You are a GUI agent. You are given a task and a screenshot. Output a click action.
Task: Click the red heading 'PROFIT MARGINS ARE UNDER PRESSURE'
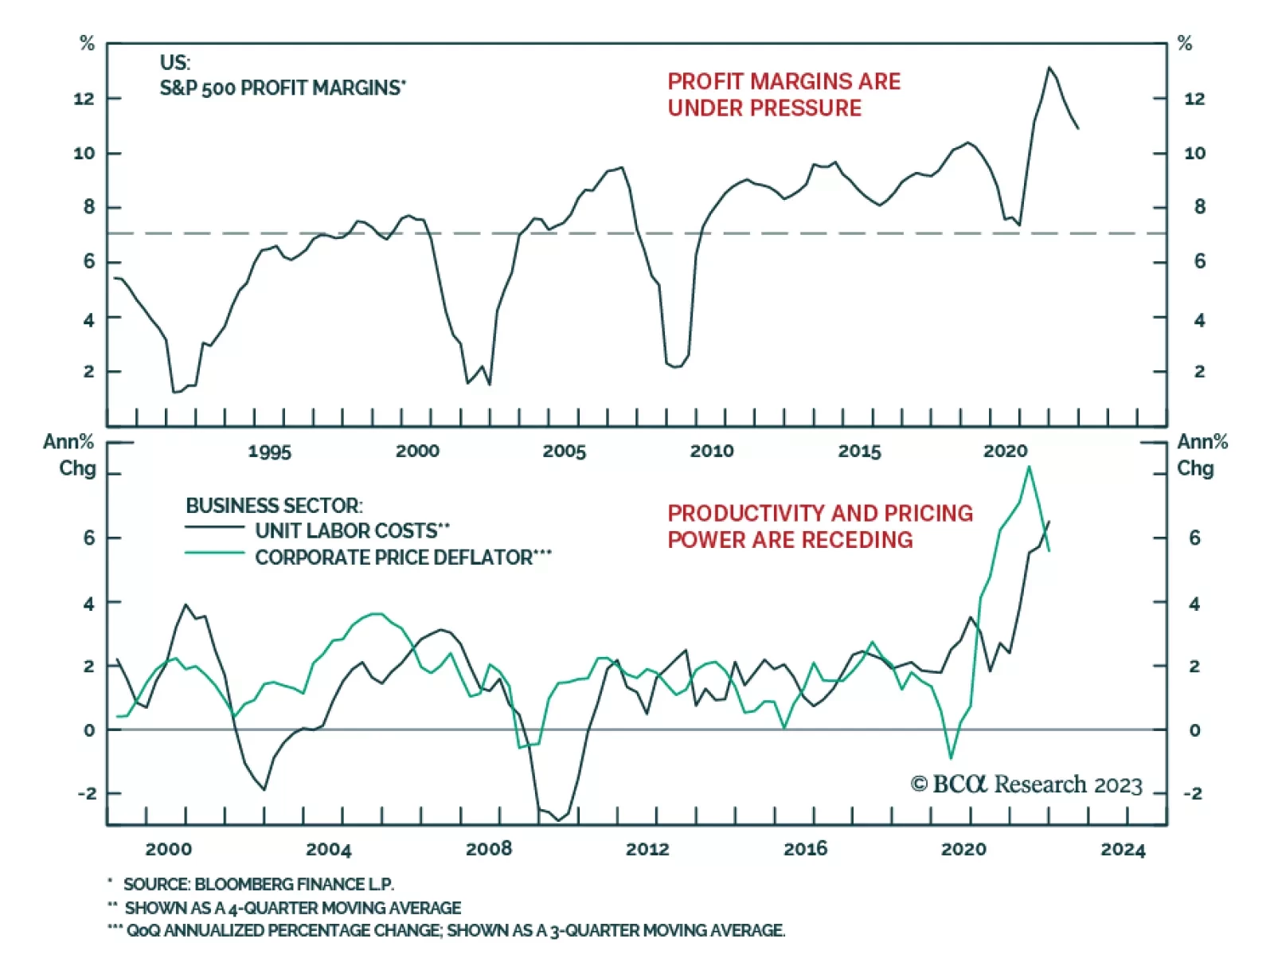coord(784,94)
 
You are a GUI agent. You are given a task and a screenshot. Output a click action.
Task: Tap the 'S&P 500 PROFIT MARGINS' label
coord(283,88)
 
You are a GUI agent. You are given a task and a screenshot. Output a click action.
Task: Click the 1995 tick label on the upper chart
coord(269,452)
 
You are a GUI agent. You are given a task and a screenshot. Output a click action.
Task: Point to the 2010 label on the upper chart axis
coord(711,451)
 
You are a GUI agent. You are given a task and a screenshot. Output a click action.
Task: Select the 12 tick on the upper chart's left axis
coord(84,99)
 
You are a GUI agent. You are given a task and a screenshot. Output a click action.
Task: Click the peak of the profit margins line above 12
coord(1049,68)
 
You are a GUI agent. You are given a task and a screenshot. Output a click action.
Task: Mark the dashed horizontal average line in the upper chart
coord(557,233)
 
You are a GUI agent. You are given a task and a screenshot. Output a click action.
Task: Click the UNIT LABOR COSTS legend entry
coord(352,530)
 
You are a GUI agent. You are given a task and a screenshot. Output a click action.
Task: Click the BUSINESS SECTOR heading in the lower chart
coord(274,506)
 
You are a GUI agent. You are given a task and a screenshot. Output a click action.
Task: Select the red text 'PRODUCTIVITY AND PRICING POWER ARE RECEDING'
coord(820,526)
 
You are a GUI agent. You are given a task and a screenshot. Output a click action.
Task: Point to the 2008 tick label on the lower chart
coord(488,849)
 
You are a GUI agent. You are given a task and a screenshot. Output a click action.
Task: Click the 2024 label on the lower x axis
coord(1123,850)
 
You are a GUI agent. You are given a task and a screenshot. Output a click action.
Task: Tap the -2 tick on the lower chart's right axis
coord(1192,793)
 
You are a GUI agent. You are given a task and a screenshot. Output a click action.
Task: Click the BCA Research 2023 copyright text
coord(1026,784)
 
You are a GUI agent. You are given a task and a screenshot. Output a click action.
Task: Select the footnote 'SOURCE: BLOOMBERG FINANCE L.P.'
coord(258,884)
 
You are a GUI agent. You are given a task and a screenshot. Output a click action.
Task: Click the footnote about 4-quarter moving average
coord(292,908)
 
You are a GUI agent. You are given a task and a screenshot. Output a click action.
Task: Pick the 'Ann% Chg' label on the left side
coord(70,455)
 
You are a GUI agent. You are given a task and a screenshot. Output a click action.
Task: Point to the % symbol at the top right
coord(1185,44)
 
